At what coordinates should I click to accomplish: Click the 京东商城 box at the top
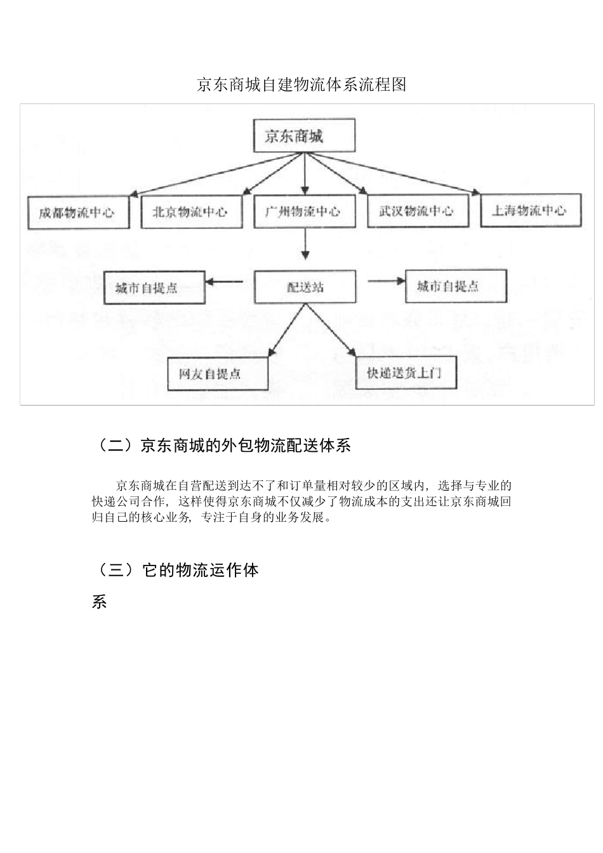(304, 135)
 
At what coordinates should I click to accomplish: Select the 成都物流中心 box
(78, 213)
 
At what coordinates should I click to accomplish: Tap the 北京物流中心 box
(191, 212)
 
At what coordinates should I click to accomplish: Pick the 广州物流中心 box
(305, 211)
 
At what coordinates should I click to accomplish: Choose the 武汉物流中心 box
(418, 211)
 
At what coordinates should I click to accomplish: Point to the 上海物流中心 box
(531, 210)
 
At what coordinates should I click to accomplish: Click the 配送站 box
(305, 287)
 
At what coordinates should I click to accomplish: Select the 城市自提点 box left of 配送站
(154, 288)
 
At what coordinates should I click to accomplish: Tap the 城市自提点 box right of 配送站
(456, 286)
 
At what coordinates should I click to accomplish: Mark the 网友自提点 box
(217, 374)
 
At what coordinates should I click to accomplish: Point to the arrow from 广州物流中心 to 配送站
(305, 244)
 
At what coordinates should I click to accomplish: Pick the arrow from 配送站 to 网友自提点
(287, 330)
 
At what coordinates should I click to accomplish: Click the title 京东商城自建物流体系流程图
(301, 84)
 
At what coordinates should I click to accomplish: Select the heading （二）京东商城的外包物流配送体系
(222, 446)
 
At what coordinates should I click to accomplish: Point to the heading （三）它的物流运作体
(176, 570)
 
